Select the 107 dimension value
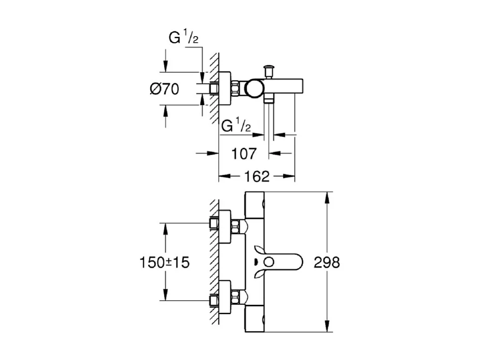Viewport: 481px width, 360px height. click(x=244, y=153)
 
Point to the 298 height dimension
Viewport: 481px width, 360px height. click(x=326, y=262)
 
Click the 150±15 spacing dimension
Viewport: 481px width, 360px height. click(x=165, y=262)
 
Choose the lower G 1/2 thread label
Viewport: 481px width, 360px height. click(x=236, y=125)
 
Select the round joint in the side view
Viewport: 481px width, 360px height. click(x=253, y=88)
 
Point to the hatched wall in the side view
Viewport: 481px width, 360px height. click(x=214, y=85)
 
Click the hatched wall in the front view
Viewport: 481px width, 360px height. click(x=214, y=261)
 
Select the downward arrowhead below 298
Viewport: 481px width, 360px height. click(x=328, y=327)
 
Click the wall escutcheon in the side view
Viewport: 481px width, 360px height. click(x=225, y=88)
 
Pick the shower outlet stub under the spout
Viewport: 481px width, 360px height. click(x=270, y=101)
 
